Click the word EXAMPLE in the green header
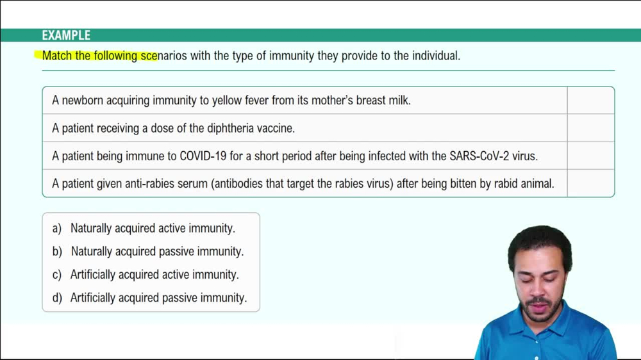pyautogui.click(x=66, y=36)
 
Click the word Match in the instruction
pyautogui.click(x=57, y=56)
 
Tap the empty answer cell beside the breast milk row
pyautogui.click(x=590, y=101)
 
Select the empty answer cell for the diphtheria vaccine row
pyautogui.click(x=590, y=128)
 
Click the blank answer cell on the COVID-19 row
pyautogui.click(x=590, y=156)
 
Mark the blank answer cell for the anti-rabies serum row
pyautogui.click(x=590, y=184)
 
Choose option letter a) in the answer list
pyautogui.click(x=57, y=228)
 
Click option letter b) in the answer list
pyautogui.click(x=57, y=252)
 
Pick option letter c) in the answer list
pyautogui.click(x=57, y=275)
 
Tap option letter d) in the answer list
pyautogui.click(x=57, y=298)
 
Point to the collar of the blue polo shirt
pyautogui.click(x=513, y=330)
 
